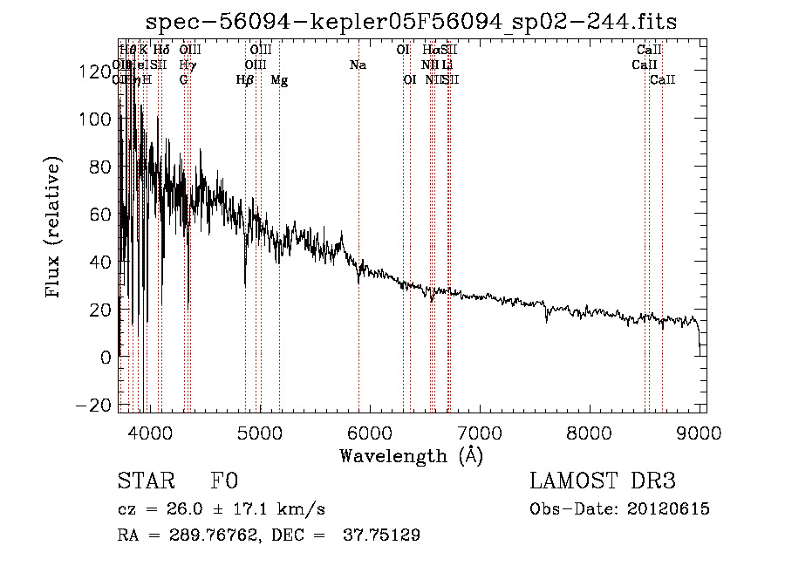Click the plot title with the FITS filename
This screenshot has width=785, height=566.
411,21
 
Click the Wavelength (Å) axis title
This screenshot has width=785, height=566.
411,455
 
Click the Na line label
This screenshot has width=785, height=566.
358,65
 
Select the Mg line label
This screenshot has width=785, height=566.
279,79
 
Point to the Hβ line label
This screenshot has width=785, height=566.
245,79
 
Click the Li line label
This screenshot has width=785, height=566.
447,65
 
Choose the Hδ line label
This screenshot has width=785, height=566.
161,50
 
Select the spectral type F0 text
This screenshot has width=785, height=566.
224,482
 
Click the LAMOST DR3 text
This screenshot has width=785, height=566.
603,482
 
